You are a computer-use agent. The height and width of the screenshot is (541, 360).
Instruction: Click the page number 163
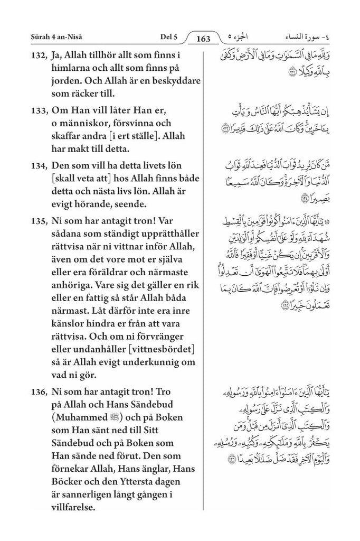[203, 39]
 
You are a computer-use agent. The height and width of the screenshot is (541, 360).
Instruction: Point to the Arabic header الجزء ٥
[236, 36]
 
